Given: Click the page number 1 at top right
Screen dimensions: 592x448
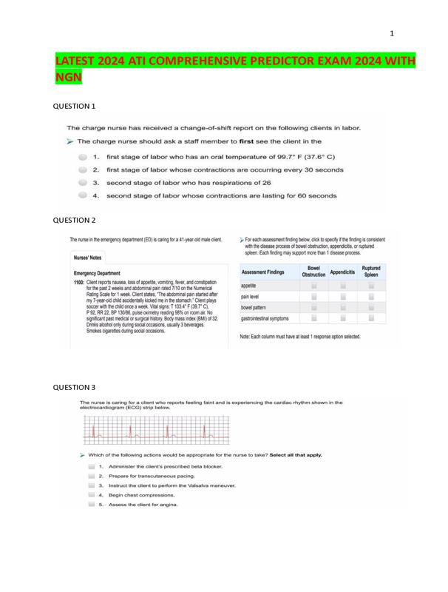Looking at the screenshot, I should pos(392,33).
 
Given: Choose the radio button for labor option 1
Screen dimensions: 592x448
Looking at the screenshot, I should pos(83,158).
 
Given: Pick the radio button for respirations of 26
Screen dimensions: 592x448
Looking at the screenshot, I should pos(83,183).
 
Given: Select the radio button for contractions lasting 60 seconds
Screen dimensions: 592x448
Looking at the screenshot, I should pos(83,196).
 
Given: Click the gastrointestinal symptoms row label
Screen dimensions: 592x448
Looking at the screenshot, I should pos(265,318).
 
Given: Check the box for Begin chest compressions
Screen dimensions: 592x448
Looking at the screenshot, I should pos(91,494).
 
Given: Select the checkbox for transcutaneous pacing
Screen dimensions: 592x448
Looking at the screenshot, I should pos(91,476).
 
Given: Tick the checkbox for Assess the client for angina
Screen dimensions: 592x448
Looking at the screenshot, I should pos(91,504).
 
